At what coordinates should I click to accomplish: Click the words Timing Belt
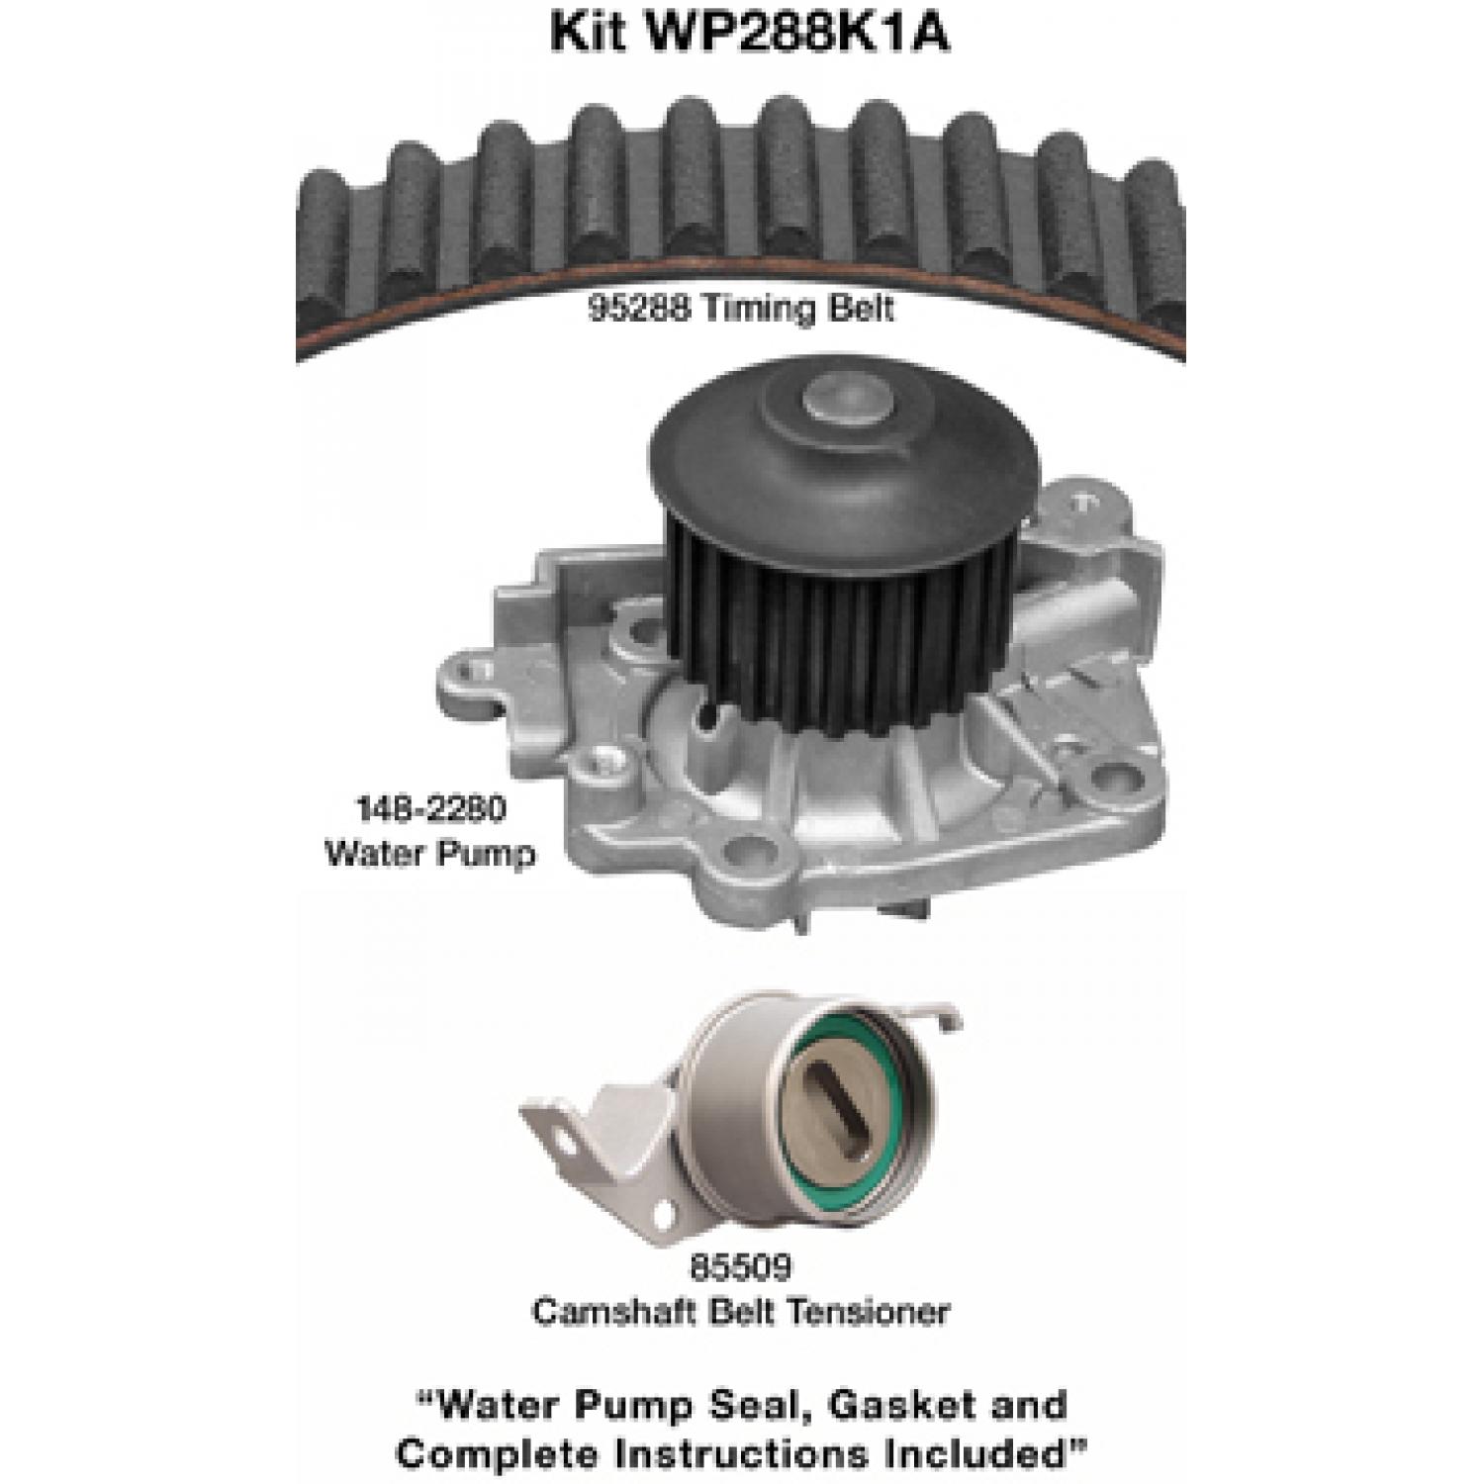(798, 309)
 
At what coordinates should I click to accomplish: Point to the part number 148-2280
(429, 809)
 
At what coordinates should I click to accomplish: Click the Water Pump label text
(429, 852)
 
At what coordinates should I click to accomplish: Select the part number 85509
(741, 1267)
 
